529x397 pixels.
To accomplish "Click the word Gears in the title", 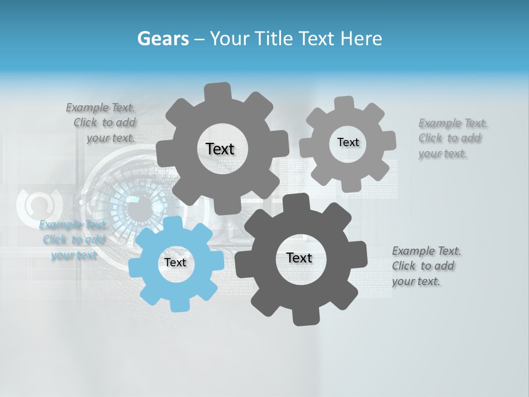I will (162, 39).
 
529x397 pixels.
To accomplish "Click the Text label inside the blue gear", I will (175, 262).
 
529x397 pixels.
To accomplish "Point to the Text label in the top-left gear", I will (220, 149).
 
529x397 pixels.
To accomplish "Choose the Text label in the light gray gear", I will (348, 142).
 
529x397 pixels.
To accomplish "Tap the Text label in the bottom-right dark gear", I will (299, 257).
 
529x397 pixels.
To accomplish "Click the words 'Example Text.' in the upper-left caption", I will (101, 108).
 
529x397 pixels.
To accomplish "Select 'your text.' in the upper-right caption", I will (442, 154).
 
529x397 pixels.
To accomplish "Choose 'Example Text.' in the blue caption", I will (73, 225).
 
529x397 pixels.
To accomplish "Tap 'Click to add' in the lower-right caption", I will (423, 266).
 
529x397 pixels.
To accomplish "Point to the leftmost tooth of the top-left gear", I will (164, 153).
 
